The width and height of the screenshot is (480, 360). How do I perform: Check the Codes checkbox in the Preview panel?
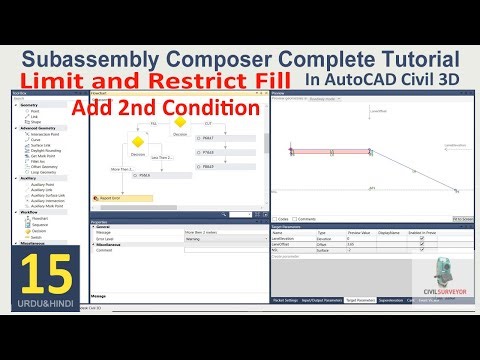pos(275,217)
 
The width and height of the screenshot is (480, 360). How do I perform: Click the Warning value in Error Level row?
pos(195,239)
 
